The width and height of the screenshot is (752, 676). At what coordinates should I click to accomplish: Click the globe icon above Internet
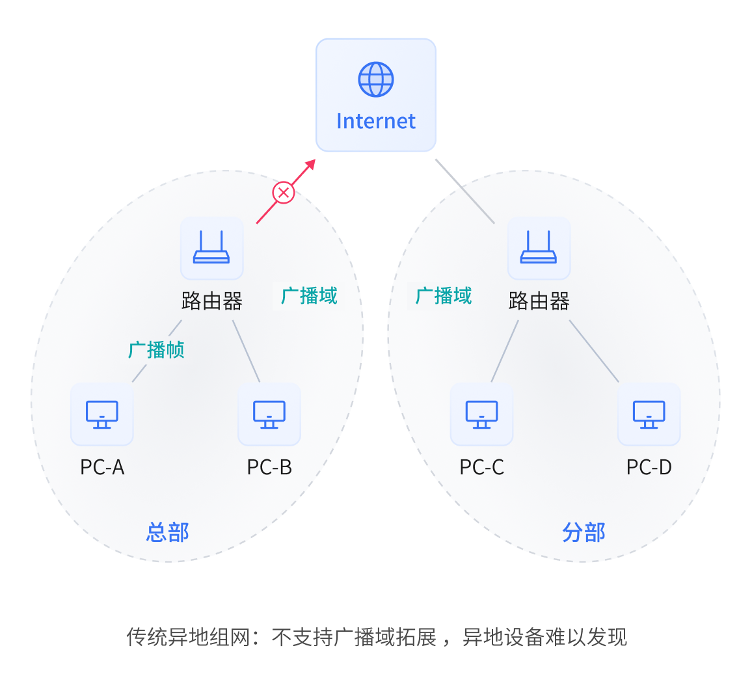tap(376, 79)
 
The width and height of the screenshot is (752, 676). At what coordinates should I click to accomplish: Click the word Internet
tap(376, 121)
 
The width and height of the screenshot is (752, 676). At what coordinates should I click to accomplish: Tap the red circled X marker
tap(283, 193)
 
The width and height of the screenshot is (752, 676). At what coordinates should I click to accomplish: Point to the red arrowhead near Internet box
tap(311, 163)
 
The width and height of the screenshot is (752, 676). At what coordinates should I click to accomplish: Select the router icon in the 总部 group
tap(211, 248)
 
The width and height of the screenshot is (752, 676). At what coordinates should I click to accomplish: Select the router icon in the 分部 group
tap(539, 248)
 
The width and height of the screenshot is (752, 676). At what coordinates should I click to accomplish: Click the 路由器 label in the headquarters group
tap(211, 301)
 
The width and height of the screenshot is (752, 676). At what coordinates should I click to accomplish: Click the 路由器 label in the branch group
tap(539, 301)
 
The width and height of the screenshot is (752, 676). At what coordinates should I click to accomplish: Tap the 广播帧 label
tap(156, 350)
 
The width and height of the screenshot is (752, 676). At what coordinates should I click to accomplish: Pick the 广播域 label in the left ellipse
tap(309, 296)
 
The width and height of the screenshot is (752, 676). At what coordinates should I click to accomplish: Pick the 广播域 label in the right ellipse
tap(444, 296)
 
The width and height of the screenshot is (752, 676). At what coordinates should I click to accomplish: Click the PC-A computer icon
tap(102, 414)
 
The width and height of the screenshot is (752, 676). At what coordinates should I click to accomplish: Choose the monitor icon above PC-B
tap(269, 414)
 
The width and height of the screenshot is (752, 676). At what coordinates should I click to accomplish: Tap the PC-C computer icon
tap(481, 414)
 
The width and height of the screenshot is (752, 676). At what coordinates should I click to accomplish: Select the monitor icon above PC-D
tap(649, 414)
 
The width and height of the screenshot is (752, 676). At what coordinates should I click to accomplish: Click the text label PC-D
tap(649, 467)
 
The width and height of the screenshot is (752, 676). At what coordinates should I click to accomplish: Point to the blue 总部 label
tap(167, 532)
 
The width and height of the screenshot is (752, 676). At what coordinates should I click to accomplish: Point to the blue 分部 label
tap(584, 532)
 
